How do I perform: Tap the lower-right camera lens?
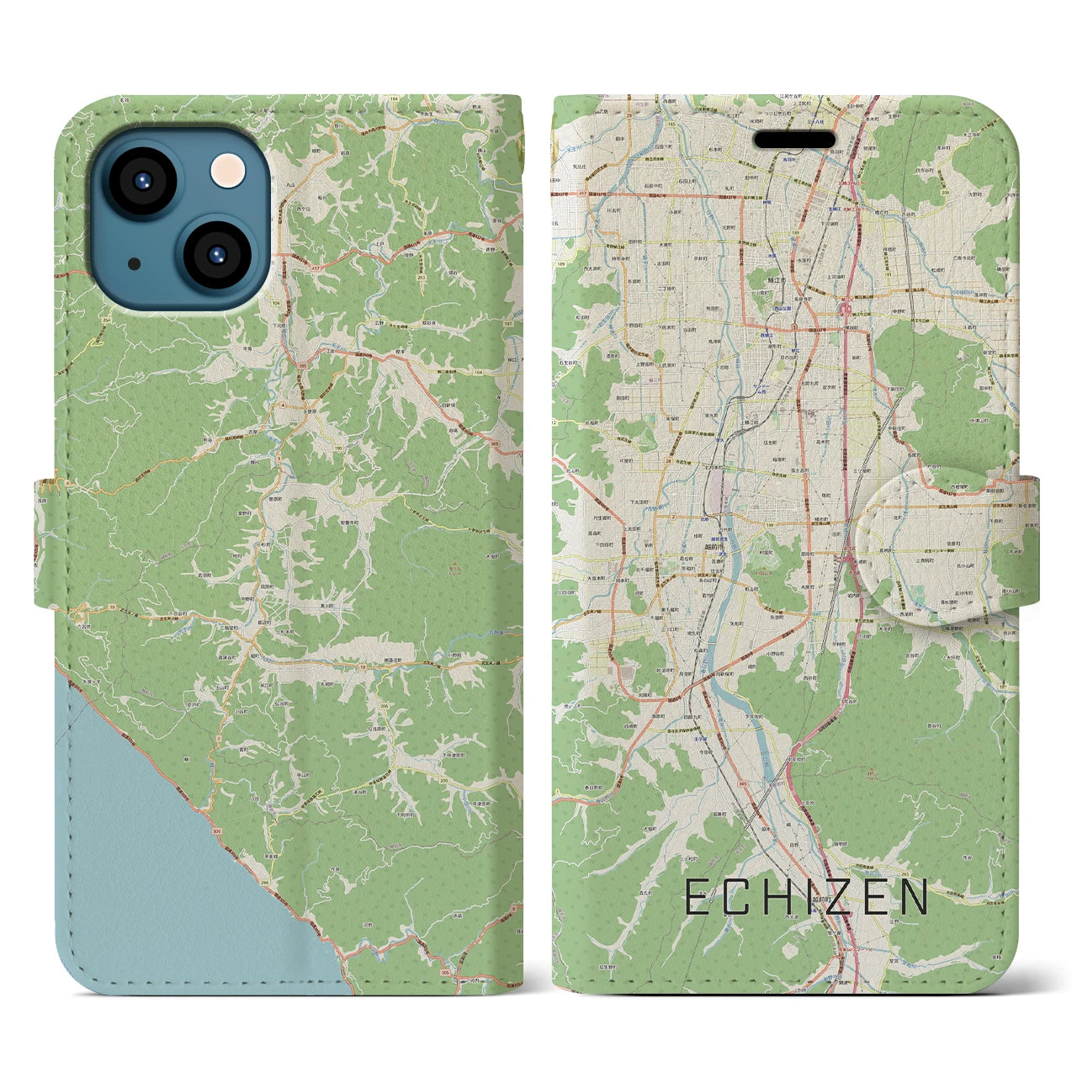pos(215,254)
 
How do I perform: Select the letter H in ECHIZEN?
pos(761,897)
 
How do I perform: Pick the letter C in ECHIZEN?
pos(729,897)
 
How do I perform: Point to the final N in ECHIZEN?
pos(913,897)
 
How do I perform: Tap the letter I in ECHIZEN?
pos(791,897)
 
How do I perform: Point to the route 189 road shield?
pos(560,263)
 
